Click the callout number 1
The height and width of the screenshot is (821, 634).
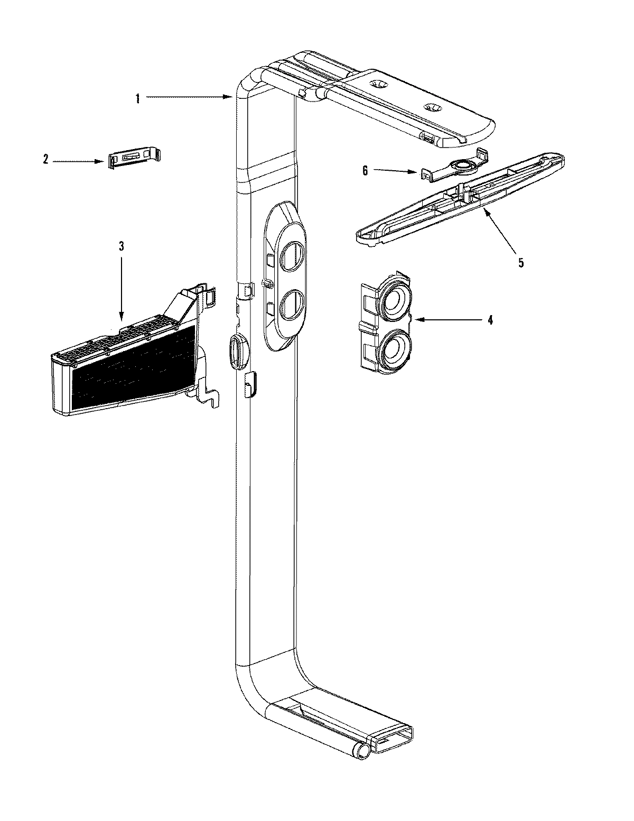(x=137, y=98)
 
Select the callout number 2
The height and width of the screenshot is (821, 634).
(x=45, y=159)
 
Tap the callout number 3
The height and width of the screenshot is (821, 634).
(x=121, y=246)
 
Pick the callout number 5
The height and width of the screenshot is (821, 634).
(x=521, y=262)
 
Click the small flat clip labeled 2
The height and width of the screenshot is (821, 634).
(x=134, y=159)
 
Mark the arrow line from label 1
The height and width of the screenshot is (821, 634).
(x=185, y=97)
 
